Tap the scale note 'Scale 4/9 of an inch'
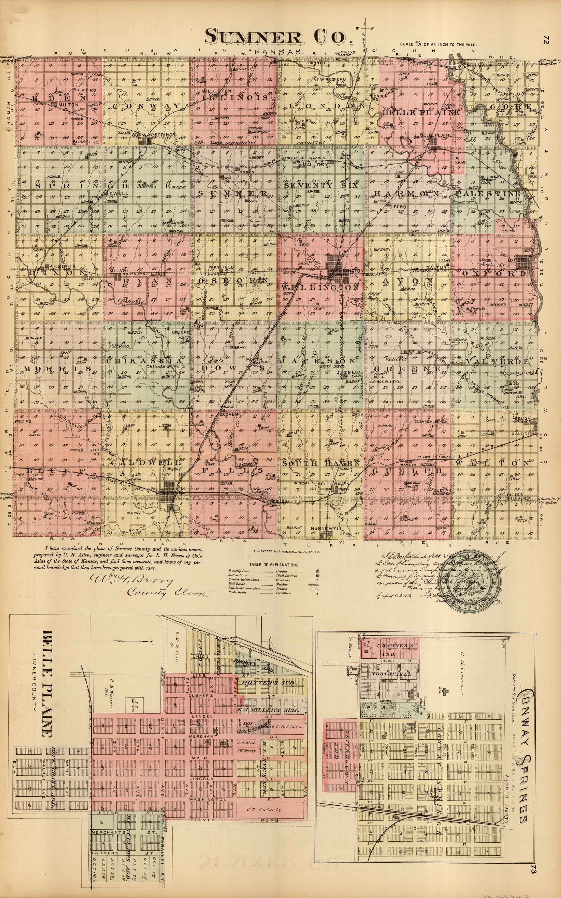pyautogui.click(x=438, y=44)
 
